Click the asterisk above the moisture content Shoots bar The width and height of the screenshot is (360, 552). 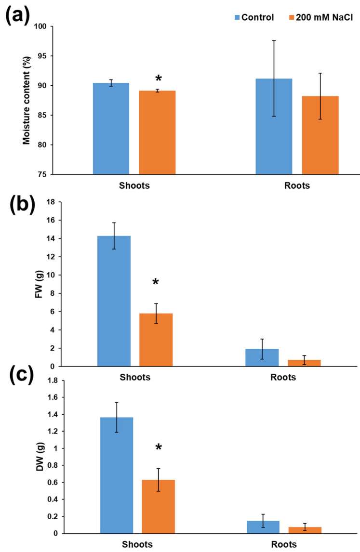158,79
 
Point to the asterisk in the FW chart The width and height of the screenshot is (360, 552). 156,282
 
